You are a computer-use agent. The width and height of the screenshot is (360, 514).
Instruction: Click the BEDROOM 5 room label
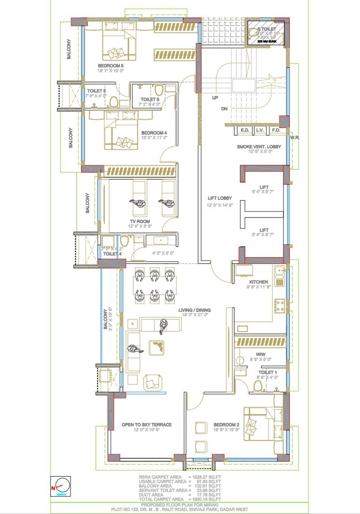111,66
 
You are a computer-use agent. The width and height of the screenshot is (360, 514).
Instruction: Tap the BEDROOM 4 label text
154,133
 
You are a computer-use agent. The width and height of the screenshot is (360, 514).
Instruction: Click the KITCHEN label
259,282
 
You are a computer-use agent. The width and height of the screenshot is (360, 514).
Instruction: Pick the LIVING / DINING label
195,310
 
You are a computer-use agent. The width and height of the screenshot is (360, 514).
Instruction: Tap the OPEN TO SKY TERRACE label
146,425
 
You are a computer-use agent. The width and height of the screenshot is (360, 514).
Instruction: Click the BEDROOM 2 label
227,425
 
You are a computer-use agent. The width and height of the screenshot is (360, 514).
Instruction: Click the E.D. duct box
245,130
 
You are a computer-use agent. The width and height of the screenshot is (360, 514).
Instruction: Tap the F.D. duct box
276,130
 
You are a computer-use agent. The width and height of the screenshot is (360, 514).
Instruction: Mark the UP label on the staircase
215,98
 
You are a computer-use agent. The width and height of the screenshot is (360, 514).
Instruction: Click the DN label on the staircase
224,109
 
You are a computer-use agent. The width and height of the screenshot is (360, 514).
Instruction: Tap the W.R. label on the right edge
295,138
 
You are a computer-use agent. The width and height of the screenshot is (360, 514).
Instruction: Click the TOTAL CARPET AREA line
180,498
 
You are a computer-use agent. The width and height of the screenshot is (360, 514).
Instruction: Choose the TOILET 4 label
112,254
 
